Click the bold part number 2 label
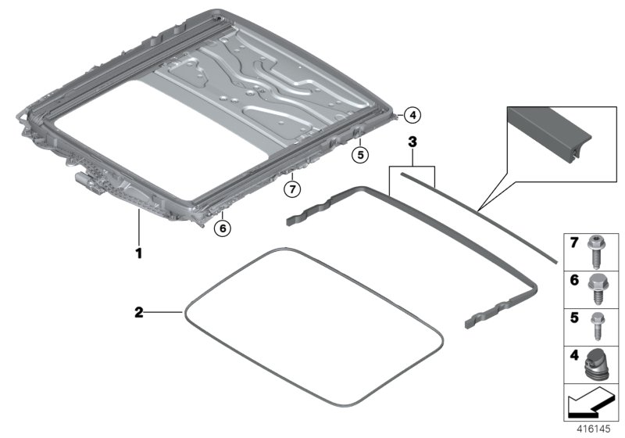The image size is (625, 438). click(139, 312)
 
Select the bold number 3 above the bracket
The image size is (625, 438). click(412, 142)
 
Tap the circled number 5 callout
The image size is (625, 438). click(359, 155)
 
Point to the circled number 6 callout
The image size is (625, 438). click(222, 228)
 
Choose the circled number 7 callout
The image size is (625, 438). click(291, 188)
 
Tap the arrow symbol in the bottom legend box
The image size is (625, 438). click(590, 404)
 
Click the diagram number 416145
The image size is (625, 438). click(597, 429)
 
